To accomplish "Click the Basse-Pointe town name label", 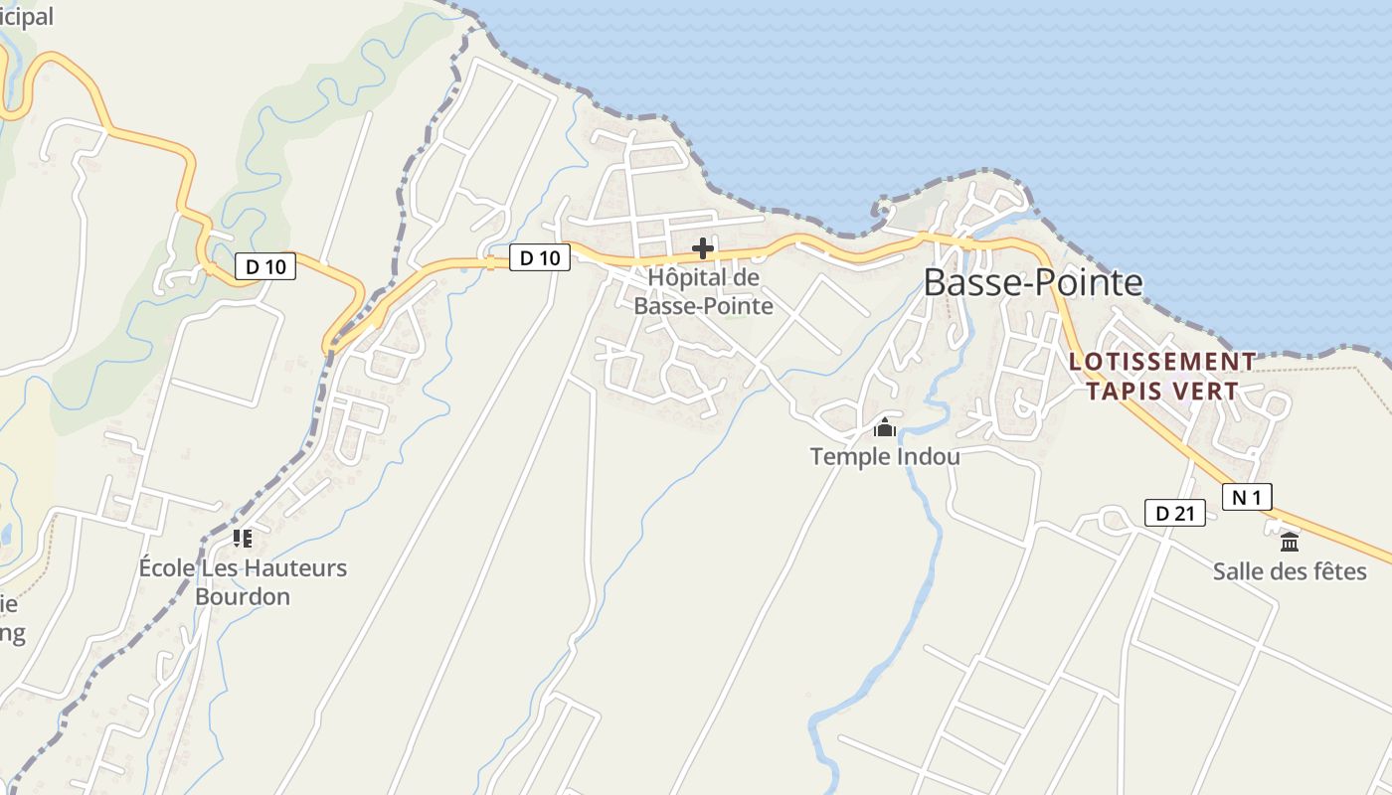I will (x=1033, y=283).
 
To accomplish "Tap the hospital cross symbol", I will (x=703, y=247).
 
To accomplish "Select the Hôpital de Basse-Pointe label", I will (x=703, y=292).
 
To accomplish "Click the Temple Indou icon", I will (x=884, y=428).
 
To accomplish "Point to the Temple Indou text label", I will (x=885, y=457).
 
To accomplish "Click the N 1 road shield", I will (x=1247, y=497).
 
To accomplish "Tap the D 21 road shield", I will (x=1174, y=514).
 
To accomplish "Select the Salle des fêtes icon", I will (x=1290, y=543).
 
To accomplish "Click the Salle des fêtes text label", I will (x=1290, y=571).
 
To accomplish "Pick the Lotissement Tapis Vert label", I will (x=1162, y=377).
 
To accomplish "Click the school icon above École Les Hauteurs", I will (x=243, y=539).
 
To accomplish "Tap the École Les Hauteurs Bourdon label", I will (x=243, y=582).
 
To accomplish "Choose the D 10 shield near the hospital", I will (x=540, y=258).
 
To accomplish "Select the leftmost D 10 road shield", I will (x=265, y=266).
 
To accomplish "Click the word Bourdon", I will (x=243, y=597).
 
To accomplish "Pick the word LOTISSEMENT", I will (x=1162, y=362).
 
